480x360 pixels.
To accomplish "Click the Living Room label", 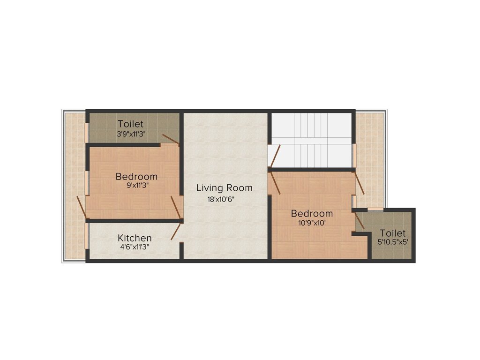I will click(x=224, y=188).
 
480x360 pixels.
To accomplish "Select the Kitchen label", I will click(x=135, y=238).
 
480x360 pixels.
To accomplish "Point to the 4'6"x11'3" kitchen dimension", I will click(x=134, y=247).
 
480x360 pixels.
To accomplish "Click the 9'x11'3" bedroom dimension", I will click(x=136, y=185).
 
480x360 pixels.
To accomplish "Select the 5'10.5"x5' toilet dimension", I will click(x=393, y=242).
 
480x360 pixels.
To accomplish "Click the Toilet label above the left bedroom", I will click(x=131, y=124).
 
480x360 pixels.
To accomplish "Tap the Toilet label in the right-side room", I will click(x=393, y=233).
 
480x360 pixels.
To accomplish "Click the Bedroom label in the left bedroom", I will click(x=136, y=177).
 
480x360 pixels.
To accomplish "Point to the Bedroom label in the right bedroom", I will click(x=312, y=214).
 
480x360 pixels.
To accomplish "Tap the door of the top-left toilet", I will click(x=170, y=139).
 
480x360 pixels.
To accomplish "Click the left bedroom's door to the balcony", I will click(x=81, y=207).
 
